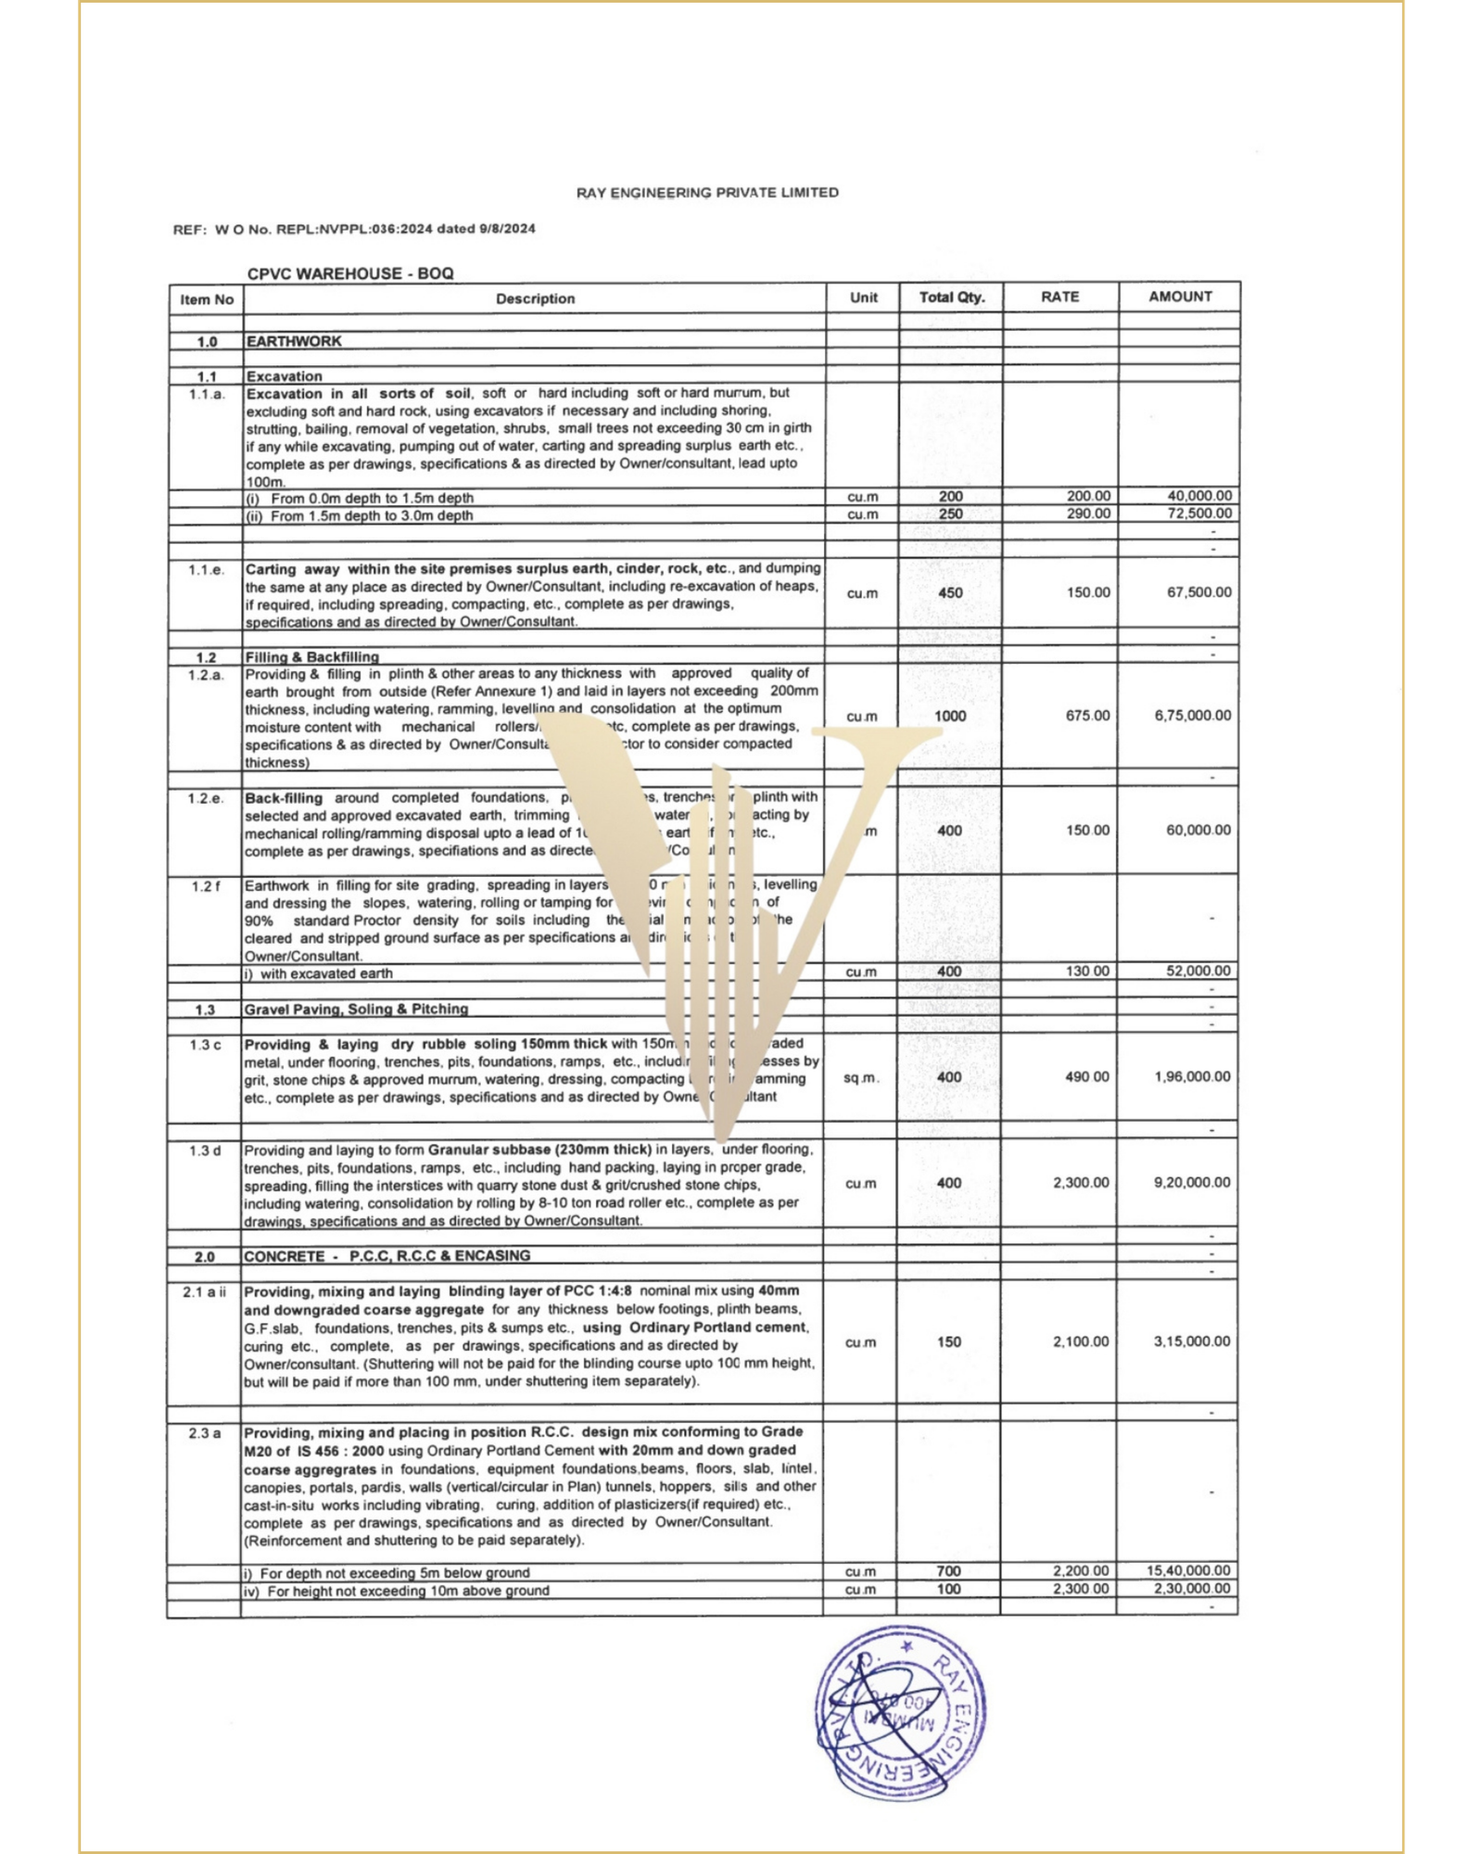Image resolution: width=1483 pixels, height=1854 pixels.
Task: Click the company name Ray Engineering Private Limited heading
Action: point(707,193)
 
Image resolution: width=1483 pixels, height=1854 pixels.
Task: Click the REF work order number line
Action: point(354,229)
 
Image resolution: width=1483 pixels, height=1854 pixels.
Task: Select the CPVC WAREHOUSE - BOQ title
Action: point(350,273)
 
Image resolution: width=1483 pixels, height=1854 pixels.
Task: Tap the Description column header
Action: point(535,298)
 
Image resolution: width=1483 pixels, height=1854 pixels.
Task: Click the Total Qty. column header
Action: point(951,298)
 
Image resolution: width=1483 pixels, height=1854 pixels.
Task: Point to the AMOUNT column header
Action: point(1180,297)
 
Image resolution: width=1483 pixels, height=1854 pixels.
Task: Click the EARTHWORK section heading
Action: point(294,341)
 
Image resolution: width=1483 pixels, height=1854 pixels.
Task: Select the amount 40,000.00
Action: point(1199,496)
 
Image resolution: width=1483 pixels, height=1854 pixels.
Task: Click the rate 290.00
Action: point(1088,514)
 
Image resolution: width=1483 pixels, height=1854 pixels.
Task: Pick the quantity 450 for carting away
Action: point(951,592)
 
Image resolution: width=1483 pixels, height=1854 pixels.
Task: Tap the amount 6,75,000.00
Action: point(1193,716)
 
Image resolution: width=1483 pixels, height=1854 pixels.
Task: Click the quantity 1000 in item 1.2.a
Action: point(950,716)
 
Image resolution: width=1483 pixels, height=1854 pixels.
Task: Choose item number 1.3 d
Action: point(205,1151)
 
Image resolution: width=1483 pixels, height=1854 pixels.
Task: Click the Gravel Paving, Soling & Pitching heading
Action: point(356,1009)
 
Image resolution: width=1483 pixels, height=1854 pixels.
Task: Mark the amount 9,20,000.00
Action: point(1192,1183)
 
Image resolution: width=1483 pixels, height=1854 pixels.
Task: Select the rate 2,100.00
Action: point(1081,1342)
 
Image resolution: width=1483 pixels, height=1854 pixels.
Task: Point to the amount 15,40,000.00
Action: point(1188,1570)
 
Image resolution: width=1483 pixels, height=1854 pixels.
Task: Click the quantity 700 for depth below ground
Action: point(949,1571)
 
